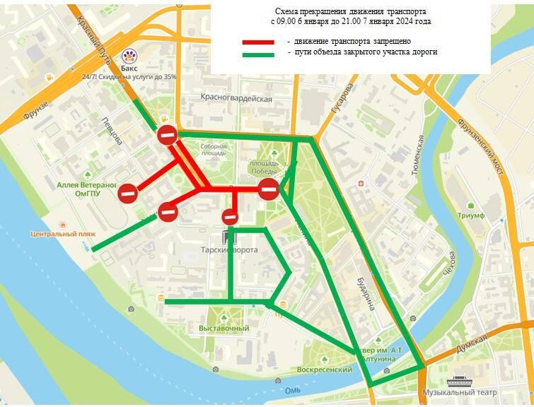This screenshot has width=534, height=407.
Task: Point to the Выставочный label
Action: [x=224, y=329]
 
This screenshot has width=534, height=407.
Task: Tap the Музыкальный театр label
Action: [x=460, y=392]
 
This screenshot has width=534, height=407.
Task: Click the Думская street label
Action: [x=472, y=343]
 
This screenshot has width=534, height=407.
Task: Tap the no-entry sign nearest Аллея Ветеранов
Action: [x=128, y=192]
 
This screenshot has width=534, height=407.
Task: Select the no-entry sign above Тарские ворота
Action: [x=230, y=217]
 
